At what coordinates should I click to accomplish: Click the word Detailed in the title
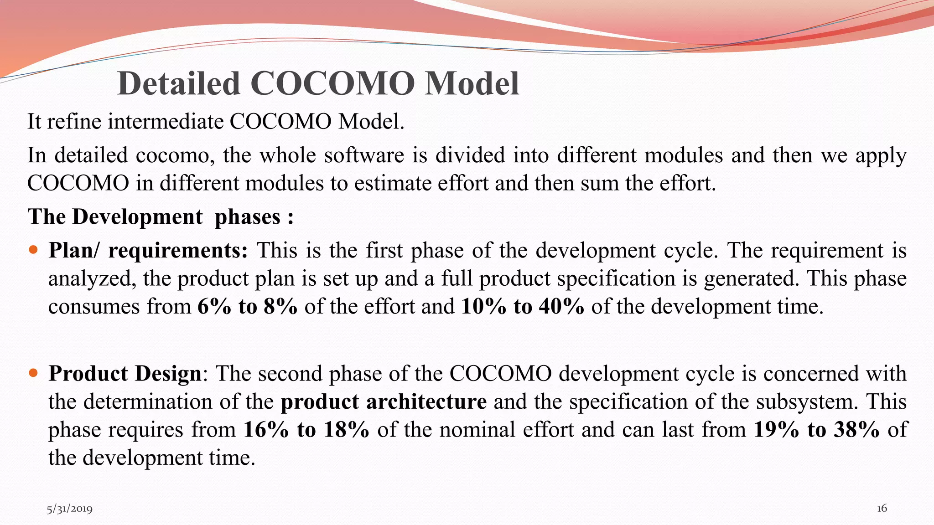[x=179, y=84]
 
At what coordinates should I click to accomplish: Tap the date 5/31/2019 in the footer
[x=69, y=509]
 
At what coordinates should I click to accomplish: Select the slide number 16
[x=882, y=508]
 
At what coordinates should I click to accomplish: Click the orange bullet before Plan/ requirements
[x=33, y=250]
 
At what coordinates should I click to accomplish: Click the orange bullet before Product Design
[x=33, y=373]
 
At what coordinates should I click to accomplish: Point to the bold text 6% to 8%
[x=247, y=306]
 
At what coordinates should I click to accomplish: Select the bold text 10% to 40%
[x=523, y=306]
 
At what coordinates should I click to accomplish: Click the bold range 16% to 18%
[x=306, y=429]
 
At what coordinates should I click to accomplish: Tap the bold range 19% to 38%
[x=816, y=429]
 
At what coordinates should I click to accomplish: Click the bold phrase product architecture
[x=384, y=401]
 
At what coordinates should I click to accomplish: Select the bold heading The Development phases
[x=160, y=216]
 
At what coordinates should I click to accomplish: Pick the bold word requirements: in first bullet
[x=178, y=250]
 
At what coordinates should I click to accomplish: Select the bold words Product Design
[x=125, y=373]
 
